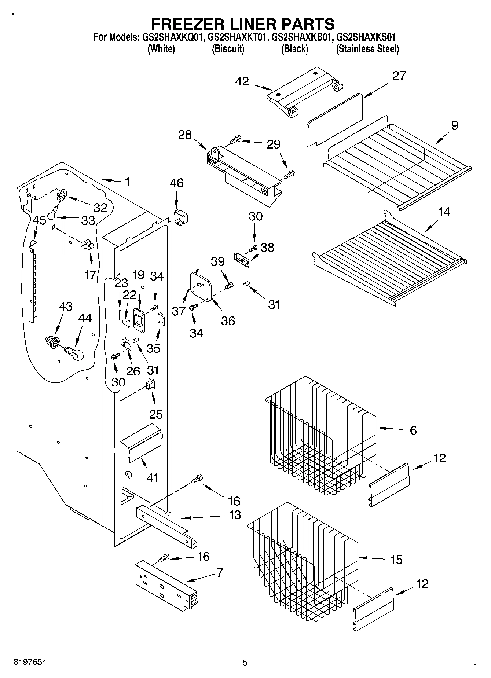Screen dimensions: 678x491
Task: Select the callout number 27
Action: click(399, 76)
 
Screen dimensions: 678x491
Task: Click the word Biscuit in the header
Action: click(228, 49)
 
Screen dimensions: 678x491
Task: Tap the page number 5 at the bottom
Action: click(245, 663)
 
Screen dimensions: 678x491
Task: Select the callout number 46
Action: click(176, 183)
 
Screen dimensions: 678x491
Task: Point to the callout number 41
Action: click(152, 477)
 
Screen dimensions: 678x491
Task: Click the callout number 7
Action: click(220, 572)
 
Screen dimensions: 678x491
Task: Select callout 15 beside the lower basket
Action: click(396, 560)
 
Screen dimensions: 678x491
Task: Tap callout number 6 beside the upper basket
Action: click(413, 430)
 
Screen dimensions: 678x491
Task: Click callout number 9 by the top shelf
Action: click(454, 125)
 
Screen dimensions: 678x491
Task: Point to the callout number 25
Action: click(156, 414)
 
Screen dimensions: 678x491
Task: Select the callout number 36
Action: click(228, 321)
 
